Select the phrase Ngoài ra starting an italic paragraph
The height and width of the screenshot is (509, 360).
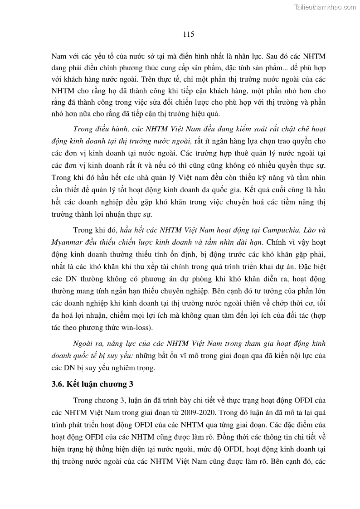[86, 344]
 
